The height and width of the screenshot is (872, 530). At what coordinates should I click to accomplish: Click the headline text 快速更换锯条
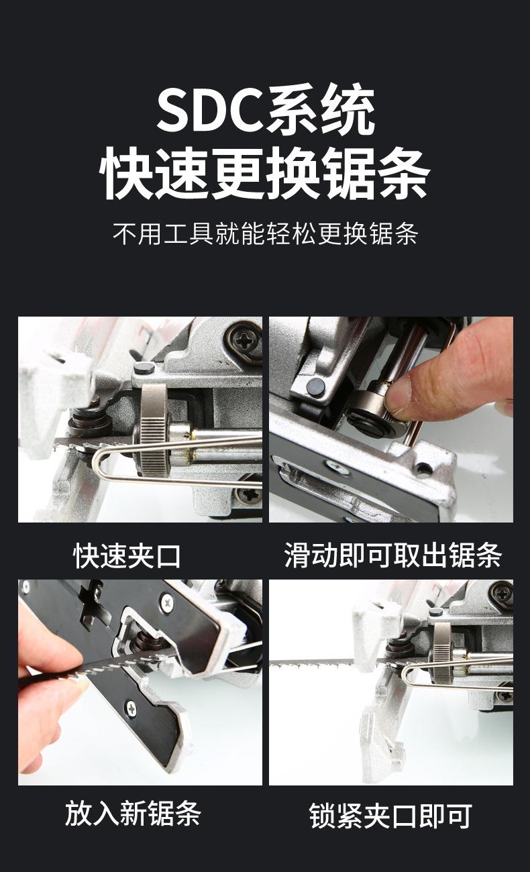[x=265, y=173]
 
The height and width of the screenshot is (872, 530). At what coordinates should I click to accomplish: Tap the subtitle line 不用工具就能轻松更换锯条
[x=266, y=234]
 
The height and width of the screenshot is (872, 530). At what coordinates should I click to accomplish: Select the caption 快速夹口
[x=127, y=556]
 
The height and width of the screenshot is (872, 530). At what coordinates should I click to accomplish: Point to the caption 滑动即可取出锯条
[x=392, y=555]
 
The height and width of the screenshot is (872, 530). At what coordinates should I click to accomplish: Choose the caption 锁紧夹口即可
[x=390, y=815]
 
